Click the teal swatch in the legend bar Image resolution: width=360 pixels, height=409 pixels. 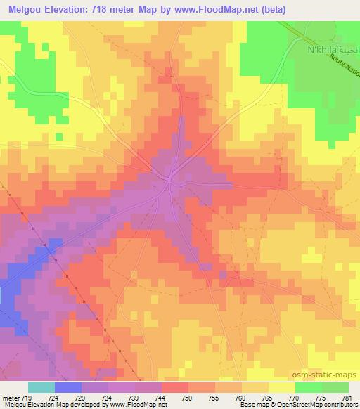pyautogui.click(x=41, y=387)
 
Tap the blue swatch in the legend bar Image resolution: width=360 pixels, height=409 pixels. pyautogui.click(x=68, y=387)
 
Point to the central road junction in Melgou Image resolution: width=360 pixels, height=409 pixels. pyautogui.click(x=170, y=181)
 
